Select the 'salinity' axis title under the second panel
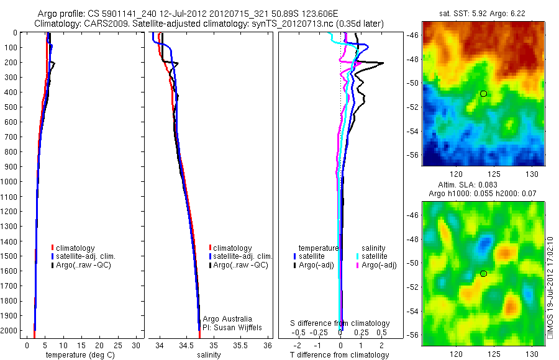(209, 355)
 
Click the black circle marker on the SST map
(483, 94)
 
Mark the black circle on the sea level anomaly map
(483, 274)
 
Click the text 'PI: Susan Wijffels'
(233, 327)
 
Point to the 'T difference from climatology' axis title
(340, 355)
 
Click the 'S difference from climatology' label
(340, 323)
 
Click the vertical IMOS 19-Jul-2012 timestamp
(550, 286)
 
